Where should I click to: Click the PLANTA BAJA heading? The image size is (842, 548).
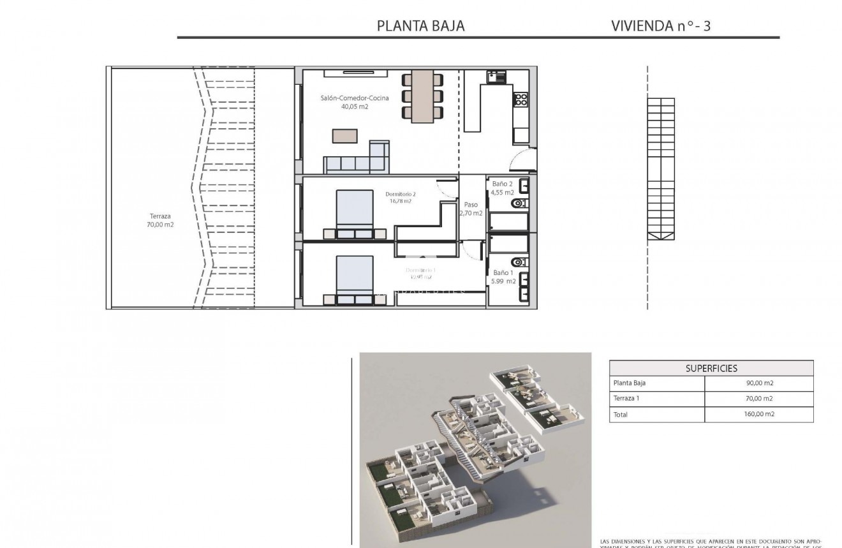click(x=420, y=26)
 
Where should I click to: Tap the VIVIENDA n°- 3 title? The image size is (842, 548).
click(x=660, y=26)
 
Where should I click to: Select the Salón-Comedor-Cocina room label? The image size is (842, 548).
click(x=355, y=102)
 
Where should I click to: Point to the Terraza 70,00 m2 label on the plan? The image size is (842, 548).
click(x=160, y=220)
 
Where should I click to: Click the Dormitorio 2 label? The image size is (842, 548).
click(x=401, y=197)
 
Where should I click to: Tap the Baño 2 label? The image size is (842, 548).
click(x=502, y=188)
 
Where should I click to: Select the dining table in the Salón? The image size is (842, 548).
click(x=422, y=96)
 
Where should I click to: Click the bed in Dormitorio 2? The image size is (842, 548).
click(x=354, y=212)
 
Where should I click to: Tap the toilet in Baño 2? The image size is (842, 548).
click(x=519, y=204)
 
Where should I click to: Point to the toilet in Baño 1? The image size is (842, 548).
click(x=519, y=262)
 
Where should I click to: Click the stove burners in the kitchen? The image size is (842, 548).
click(x=521, y=100)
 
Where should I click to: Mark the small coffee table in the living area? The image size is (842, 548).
click(x=344, y=136)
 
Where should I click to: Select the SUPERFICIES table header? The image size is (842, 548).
click(x=711, y=368)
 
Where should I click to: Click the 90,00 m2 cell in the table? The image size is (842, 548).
click(x=759, y=383)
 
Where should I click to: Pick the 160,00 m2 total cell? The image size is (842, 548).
click(x=759, y=414)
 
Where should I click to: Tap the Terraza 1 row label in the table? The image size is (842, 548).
click(x=626, y=399)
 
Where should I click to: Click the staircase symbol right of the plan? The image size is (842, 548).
click(x=661, y=168)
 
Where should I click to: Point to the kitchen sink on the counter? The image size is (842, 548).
click(x=498, y=78)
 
